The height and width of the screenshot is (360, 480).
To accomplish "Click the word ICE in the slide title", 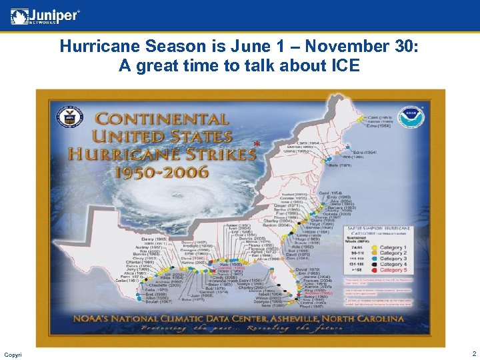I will pyautogui.click(x=343, y=66).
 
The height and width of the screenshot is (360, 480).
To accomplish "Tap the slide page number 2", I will pyautogui.click(x=473, y=354).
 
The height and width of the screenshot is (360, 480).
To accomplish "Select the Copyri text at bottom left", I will pyautogui.click(x=12, y=354).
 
